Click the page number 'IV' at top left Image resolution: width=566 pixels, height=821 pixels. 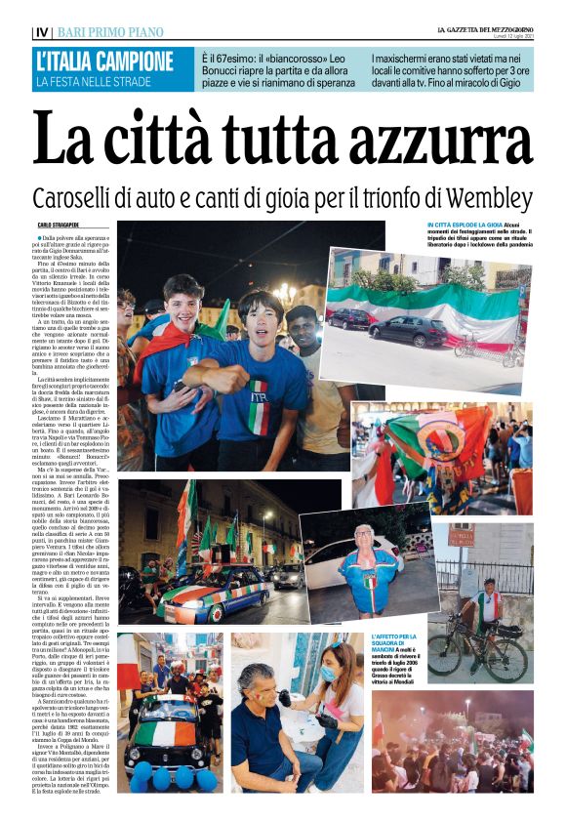pyautogui.click(x=41, y=32)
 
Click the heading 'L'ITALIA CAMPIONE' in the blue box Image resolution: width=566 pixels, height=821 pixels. pyautogui.click(x=104, y=61)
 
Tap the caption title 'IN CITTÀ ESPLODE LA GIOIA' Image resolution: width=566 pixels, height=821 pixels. pyautogui.click(x=464, y=225)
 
